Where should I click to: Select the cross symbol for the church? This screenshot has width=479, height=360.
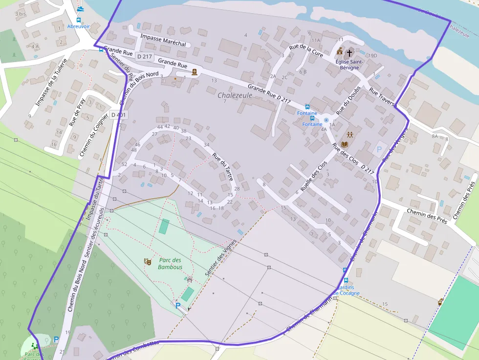click(349, 52)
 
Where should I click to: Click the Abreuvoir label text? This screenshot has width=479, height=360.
click(79, 26)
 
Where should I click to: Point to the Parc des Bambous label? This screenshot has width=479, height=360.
click(170, 264)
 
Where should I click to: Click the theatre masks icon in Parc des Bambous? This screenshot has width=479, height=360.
click(147, 262)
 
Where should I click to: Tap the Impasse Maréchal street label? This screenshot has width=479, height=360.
click(163, 40)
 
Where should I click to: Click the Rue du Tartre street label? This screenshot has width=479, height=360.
click(222, 167)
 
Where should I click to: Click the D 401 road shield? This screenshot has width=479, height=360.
click(118, 115)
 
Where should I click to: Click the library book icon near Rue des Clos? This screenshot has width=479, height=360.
click(346, 145)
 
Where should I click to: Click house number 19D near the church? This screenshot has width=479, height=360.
click(373, 56)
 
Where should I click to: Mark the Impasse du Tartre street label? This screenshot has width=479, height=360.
click(95, 199)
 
